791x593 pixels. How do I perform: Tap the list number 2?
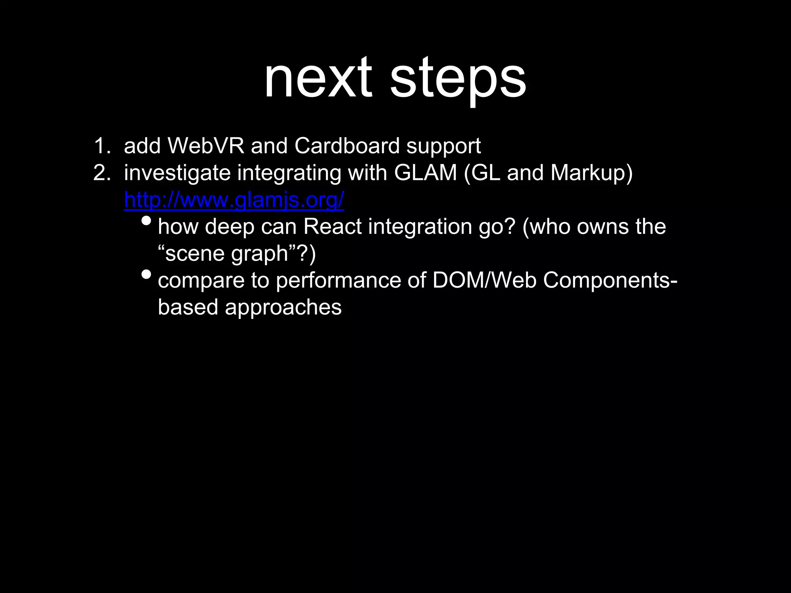pyautogui.click(x=101, y=173)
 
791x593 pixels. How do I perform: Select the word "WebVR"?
pyautogui.click(x=206, y=146)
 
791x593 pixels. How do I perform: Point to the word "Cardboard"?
pyautogui.click(x=347, y=146)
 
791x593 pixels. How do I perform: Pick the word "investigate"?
pyautogui.click(x=177, y=173)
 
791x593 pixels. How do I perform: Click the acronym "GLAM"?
pyautogui.click(x=425, y=173)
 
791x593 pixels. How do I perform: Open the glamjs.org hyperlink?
pyautogui.click(x=234, y=200)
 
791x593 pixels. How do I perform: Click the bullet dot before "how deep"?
pyautogui.click(x=146, y=221)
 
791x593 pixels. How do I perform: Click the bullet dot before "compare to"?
pyautogui.click(x=146, y=274)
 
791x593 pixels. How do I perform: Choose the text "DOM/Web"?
pyautogui.click(x=484, y=280)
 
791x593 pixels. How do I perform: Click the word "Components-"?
pyautogui.click(x=610, y=281)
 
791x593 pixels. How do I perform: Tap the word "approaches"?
pyautogui.click(x=283, y=308)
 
